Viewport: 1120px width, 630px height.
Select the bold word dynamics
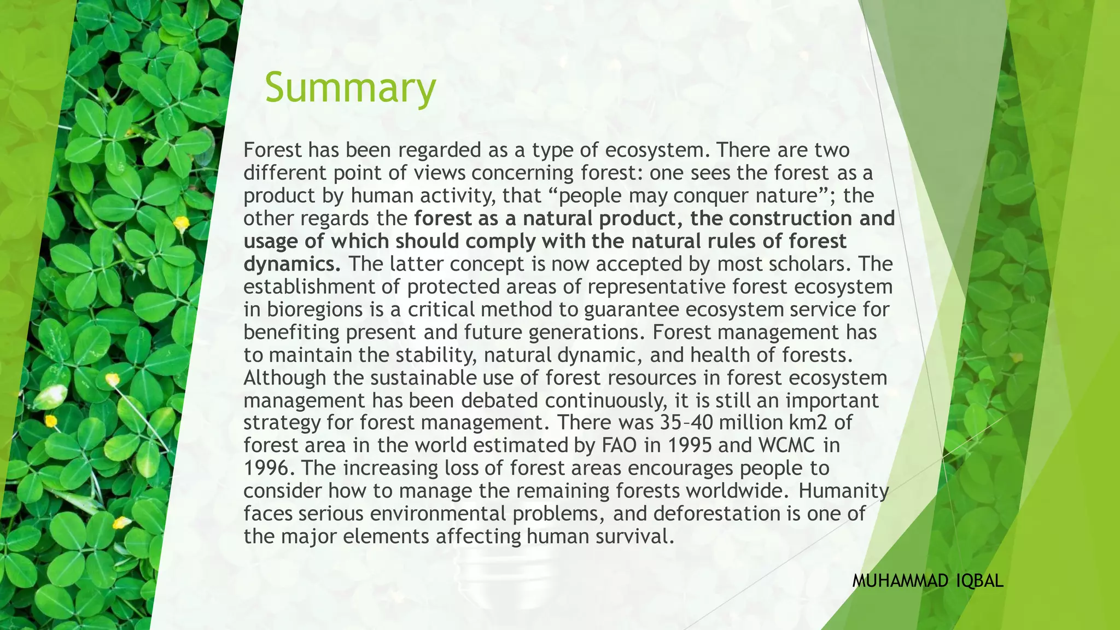point(292,264)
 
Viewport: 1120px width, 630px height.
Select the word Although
point(285,378)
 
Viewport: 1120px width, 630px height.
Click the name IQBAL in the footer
point(981,582)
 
